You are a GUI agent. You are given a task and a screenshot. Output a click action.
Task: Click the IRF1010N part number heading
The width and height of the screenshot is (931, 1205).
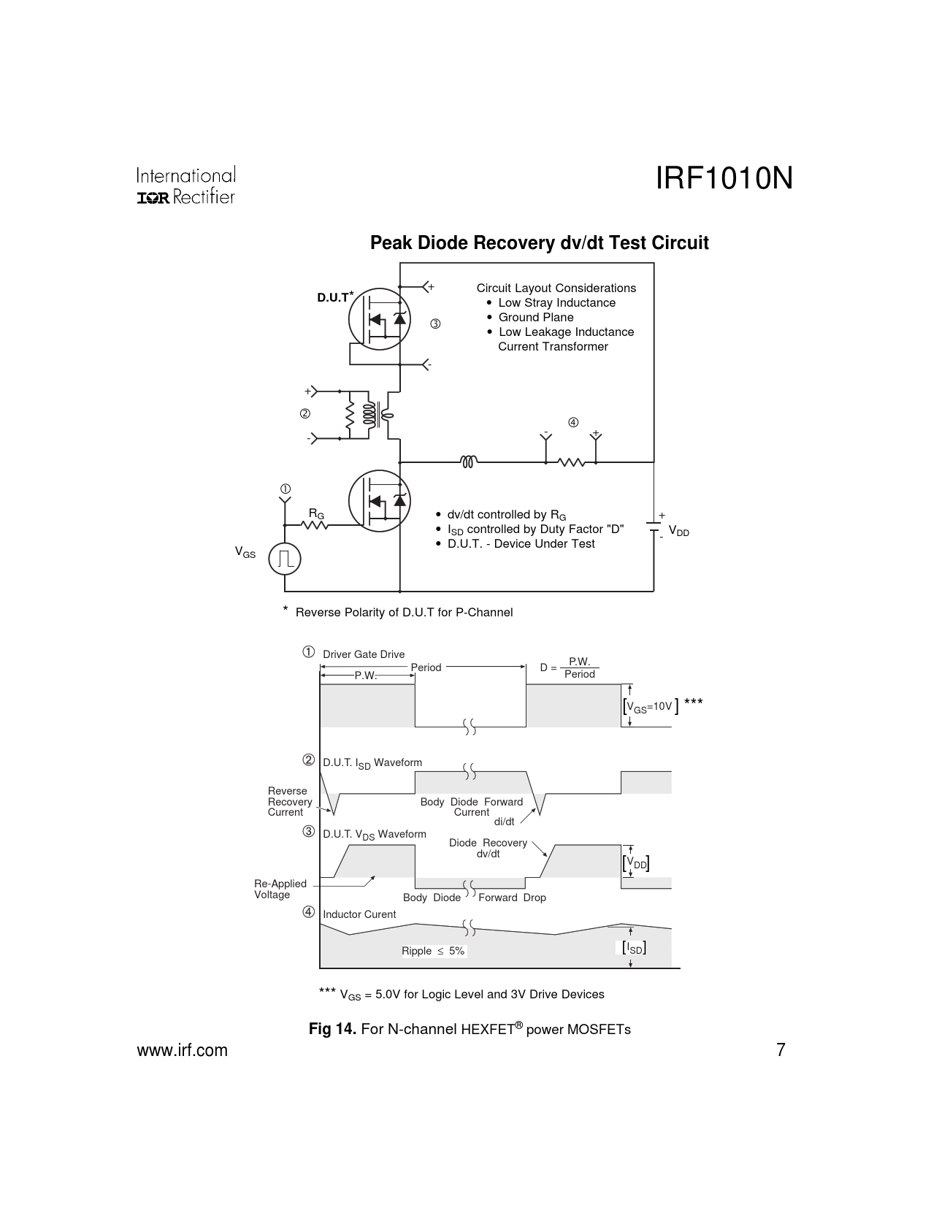pos(724,179)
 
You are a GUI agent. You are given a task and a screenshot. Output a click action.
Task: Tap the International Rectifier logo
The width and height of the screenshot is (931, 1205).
pos(185,186)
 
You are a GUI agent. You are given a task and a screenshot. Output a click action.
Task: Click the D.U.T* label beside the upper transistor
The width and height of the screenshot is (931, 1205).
pos(334,297)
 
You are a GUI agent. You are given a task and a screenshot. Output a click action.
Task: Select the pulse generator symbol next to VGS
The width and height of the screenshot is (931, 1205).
pos(285,559)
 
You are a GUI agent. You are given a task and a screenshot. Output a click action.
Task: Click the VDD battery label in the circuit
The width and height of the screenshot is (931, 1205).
pos(678,532)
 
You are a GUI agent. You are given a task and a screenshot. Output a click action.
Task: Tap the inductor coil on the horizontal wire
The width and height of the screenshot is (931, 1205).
pos(469,462)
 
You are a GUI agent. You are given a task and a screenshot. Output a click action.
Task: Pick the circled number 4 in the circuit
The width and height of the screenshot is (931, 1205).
pos(573,422)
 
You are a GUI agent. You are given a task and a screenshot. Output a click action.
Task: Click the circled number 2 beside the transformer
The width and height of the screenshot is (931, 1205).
pos(304,414)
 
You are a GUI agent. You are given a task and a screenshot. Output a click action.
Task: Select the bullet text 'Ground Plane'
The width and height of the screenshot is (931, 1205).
pos(535,317)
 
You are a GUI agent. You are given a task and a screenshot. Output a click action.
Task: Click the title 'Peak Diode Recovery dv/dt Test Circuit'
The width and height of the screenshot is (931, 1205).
pos(539,242)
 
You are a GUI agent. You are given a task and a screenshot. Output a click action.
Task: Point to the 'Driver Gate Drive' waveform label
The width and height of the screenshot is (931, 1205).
pos(364,654)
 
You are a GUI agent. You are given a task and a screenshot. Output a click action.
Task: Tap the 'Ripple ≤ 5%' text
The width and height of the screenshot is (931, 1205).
pos(433,951)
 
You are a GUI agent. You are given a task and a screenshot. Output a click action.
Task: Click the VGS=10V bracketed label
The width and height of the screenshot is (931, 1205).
pos(650,706)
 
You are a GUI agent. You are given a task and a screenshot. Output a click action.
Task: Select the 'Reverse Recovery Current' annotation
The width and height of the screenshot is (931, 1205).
pos(289,801)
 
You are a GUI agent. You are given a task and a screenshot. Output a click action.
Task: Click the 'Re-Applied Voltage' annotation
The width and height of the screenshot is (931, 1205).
pos(280,889)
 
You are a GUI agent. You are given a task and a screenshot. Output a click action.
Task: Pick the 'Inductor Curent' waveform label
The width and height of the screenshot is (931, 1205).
pos(359,914)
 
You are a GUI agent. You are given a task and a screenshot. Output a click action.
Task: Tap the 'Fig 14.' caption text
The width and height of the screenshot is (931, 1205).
pos(332,1029)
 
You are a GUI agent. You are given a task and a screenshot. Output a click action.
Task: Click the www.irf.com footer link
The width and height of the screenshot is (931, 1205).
pos(183,1050)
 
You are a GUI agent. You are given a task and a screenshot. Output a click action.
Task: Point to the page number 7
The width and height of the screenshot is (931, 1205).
pos(781,1050)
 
